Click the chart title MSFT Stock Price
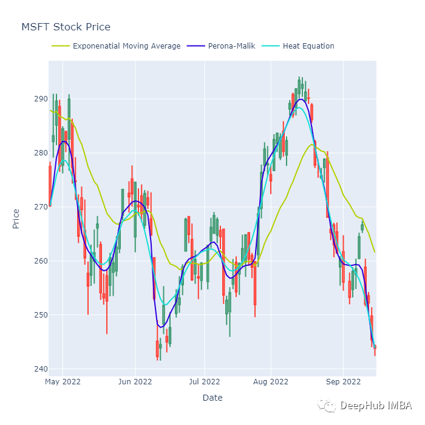coord(66,27)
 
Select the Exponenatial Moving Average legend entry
coord(126,46)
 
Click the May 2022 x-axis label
coord(63,382)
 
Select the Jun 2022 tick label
coord(135,382)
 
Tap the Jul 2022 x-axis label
coord(204,382)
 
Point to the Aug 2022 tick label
coord(271,382)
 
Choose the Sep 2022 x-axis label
coord(343,382)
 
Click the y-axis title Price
coord(16,219)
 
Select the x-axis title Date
coord(212,398)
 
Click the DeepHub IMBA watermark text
coord(376,406)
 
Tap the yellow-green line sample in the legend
coord(59,46)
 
